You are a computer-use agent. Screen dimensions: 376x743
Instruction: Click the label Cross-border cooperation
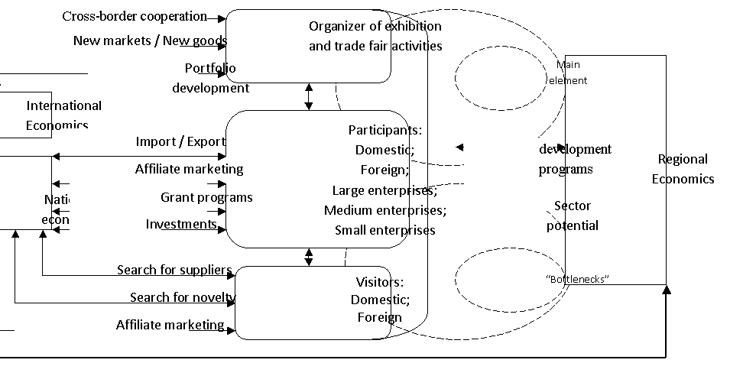(134, 16)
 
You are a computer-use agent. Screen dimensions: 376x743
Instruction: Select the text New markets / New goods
(150, 41)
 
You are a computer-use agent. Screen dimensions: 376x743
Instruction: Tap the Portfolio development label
(210, 78)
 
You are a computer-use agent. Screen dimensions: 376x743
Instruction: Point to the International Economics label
(63, 115)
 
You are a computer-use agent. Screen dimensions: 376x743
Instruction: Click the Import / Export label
(180, 141)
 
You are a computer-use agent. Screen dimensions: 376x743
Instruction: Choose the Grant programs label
(206, 197)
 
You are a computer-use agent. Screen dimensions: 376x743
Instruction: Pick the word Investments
(181, 224)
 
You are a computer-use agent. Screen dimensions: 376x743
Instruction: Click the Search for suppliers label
(174, 270)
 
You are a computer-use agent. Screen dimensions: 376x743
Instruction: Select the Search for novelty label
(183, 297)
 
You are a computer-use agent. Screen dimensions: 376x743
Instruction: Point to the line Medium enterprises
(385, 210)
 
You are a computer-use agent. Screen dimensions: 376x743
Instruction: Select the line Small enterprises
(385, 230)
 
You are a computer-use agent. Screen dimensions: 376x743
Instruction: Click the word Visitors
(380, 282)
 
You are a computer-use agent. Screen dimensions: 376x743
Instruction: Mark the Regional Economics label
(683, 169)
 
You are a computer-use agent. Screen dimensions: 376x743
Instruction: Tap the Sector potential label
(573, 216)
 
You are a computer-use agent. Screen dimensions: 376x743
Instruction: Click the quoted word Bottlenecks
(578, 279)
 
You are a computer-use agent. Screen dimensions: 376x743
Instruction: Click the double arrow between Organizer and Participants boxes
(309, 96)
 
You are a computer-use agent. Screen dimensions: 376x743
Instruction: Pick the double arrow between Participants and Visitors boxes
(309, 256)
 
